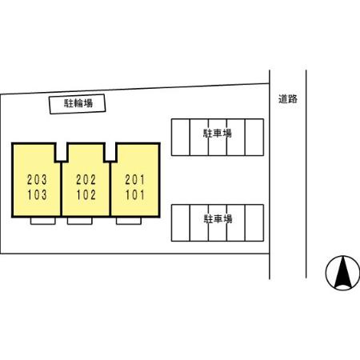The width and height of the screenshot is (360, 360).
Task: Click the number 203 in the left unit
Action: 37,180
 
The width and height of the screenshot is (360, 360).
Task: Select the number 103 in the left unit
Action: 37,194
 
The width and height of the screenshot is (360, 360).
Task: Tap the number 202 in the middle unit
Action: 86,180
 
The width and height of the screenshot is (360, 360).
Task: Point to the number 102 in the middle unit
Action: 86,194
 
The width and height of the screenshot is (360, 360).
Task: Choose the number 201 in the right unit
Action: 135,180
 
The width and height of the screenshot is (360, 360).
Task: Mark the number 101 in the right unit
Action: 135,194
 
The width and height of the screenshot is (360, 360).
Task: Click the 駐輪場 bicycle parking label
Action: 78,103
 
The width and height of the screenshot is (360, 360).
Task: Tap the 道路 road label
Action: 288,99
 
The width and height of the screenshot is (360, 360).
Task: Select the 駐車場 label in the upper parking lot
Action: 218,133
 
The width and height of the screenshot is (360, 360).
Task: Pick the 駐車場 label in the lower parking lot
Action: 218,219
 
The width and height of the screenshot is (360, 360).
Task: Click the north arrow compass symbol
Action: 342,273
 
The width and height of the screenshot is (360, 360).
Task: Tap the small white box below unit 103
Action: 43,221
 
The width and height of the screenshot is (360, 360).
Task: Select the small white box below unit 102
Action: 80,221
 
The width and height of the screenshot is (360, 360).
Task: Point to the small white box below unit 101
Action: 129,221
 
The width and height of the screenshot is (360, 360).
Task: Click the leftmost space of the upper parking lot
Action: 181,137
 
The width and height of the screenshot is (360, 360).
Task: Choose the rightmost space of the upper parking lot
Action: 254,137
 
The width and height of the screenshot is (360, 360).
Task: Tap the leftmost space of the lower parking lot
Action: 181,223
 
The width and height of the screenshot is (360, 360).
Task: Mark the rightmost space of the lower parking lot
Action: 254,223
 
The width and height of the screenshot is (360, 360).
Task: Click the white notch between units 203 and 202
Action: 62,152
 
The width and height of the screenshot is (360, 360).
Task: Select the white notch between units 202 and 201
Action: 110,152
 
